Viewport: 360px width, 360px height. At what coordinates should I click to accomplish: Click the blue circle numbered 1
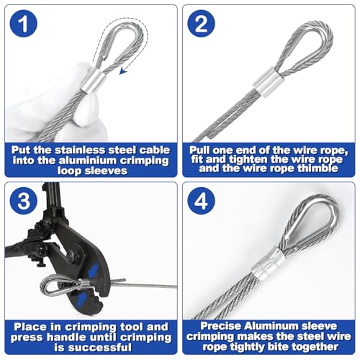[24, 24]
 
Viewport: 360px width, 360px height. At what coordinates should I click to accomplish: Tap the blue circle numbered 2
[201, 24]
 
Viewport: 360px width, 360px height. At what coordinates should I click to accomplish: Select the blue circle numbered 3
[24, 201]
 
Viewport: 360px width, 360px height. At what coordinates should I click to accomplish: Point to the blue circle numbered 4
[201, 201]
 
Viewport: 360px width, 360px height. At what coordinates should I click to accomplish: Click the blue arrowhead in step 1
[123, 70]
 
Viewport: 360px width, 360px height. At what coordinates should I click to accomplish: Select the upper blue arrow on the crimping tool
[94, 270]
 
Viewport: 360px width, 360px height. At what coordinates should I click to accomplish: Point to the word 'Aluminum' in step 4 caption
[271, 326]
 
